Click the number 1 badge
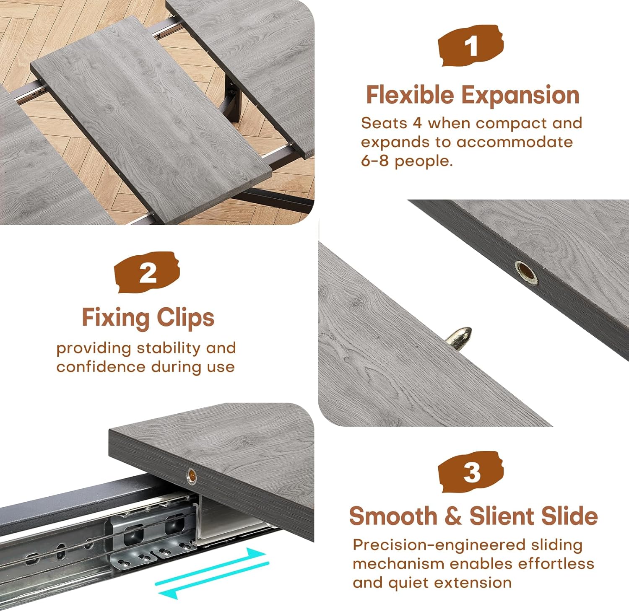[x=470, y=46]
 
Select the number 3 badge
[x=471, y=472]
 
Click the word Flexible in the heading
[x=410, y=95]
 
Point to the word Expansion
[x=520, y=96]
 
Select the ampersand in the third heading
[x=453, y=516]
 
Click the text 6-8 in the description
[x=374, y=161]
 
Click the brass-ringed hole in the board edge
[x=526, y=272]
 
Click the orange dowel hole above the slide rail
[x=191, y=476]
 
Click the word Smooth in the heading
[x=393, y=516]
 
